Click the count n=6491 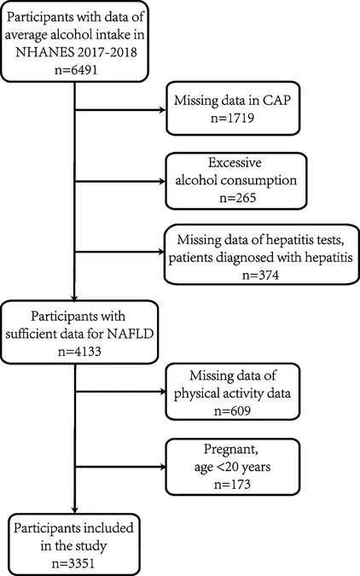coord(76,70)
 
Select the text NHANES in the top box coord(44,52)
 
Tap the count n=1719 coord(233,118)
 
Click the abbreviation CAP coord(276,100)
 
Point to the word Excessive coord(235,162)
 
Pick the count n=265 coord(237,198)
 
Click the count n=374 coord(260,275)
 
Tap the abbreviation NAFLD coord(130,334)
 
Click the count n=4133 coord(79,352)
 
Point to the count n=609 coord(232,410)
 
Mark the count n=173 coord(232,484)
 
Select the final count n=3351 coord(73,563)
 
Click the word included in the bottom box coord(108,528)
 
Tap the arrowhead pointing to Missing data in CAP coord(162,110)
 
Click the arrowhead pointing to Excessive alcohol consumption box coord(162,181)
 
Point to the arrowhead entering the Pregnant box coord(162,467)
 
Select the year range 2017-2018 coord(107,52)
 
